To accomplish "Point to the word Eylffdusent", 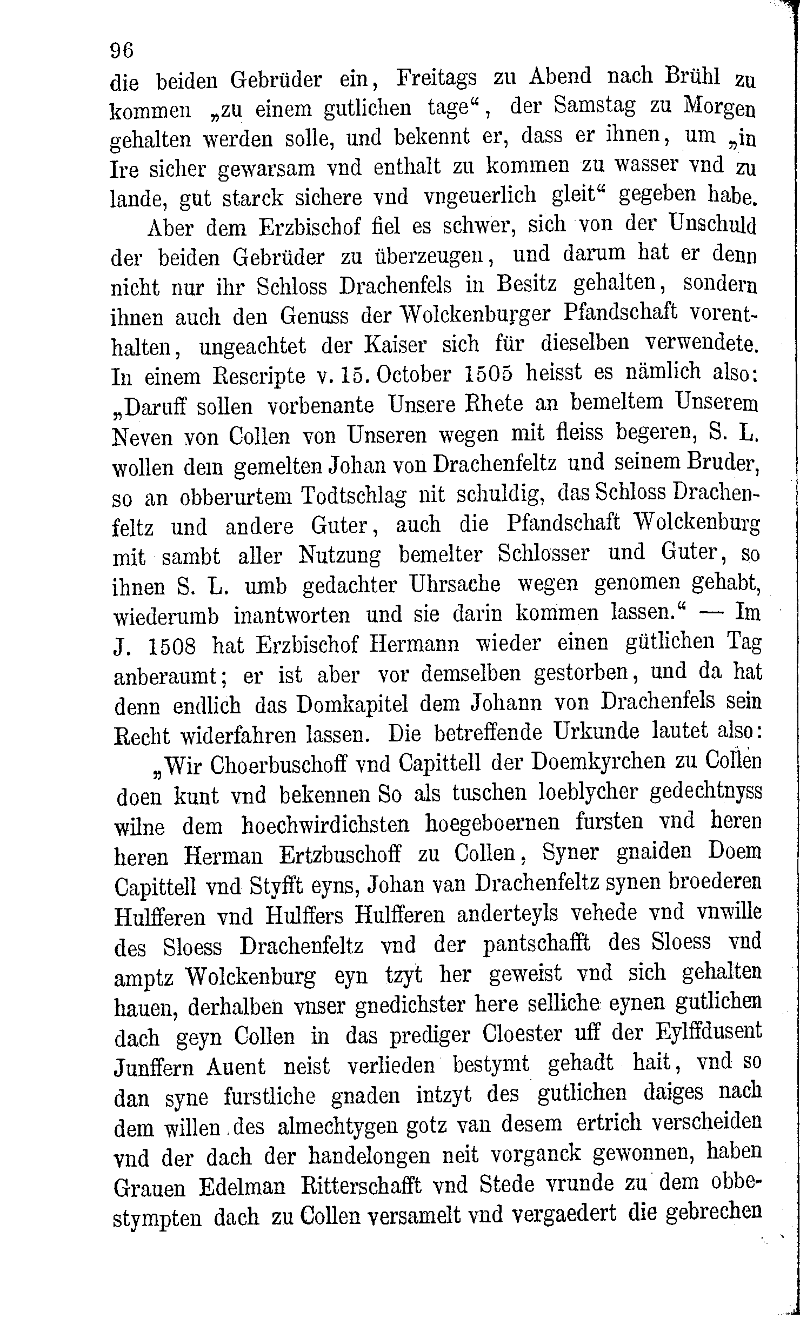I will click(x=709, y=1030).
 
